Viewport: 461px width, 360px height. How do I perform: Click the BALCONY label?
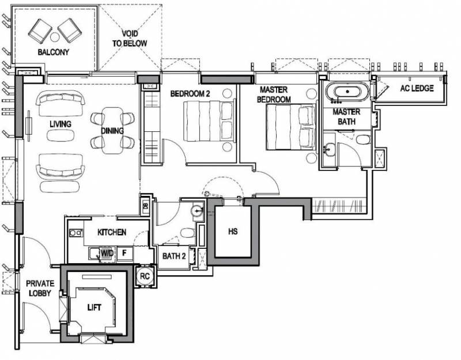tap(53, 52)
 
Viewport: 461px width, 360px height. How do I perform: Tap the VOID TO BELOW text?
tap(130, 39)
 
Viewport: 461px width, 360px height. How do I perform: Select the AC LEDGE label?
tap(417, 88)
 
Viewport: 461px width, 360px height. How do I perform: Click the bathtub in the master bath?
tap(348, 92)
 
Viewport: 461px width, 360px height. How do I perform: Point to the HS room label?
tap(233, 232)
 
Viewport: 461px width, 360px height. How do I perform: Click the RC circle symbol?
tap(145, 276)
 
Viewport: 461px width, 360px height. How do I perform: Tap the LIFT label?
tap(94, 308)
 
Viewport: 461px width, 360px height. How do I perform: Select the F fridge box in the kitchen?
tap(124, 253)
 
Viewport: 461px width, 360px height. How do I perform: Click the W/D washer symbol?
tap(107, 253)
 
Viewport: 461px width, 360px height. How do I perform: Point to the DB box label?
tap(145, 206)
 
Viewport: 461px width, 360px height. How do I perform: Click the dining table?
tap(112, 131)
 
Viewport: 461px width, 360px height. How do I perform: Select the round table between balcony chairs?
tap(55, 37)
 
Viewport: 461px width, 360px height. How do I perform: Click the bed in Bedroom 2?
tap(209, 121)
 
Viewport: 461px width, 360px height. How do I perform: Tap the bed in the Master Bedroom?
tap(291, 127)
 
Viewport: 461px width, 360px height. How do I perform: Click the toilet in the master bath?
tap(364, 139)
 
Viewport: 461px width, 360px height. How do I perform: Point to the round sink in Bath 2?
tap(197, 211)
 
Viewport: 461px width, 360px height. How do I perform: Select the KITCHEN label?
tap(112, 233)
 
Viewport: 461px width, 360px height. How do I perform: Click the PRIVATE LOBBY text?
tap(40, 289)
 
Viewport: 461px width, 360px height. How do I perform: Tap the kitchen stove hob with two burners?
tap(76, 233)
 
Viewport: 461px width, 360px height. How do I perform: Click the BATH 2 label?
tap(174, 256)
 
